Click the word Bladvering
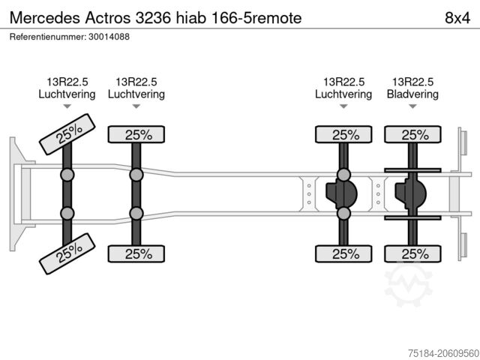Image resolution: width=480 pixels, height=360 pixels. pos(412,94)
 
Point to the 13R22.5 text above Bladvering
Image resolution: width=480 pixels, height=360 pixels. pos(412,82)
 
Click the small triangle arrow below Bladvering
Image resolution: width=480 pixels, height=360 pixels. pos(412,108)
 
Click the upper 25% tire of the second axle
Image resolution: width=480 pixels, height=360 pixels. pos(136,135)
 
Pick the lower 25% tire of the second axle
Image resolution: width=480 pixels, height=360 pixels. pos(136,253)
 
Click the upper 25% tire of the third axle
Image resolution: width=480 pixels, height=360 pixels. pos(343,135)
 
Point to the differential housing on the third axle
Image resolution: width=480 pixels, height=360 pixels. pos(341,194)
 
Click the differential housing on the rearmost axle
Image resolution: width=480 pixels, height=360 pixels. pos(411,194)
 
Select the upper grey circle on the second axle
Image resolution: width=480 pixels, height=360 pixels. pos(136,175)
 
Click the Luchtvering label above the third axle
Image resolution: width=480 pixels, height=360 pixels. pos(343,94)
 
